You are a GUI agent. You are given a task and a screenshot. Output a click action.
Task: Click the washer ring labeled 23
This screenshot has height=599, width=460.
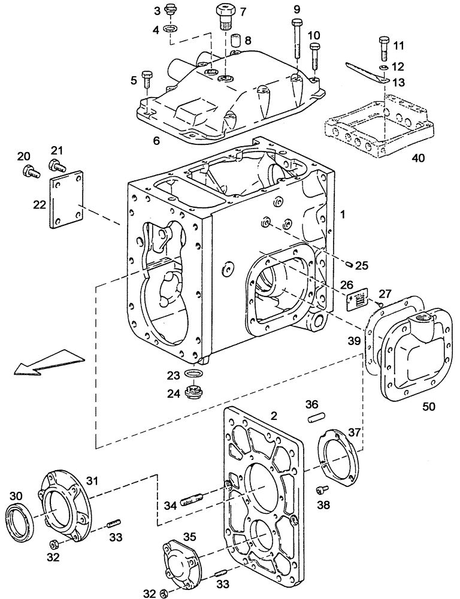(194, 376)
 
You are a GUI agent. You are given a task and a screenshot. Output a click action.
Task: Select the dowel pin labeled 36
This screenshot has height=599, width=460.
(313, 419)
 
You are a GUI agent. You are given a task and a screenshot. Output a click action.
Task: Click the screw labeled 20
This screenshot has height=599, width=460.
(28, 171)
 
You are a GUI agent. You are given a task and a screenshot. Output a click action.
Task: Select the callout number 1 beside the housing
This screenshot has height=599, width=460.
(342, 212)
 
